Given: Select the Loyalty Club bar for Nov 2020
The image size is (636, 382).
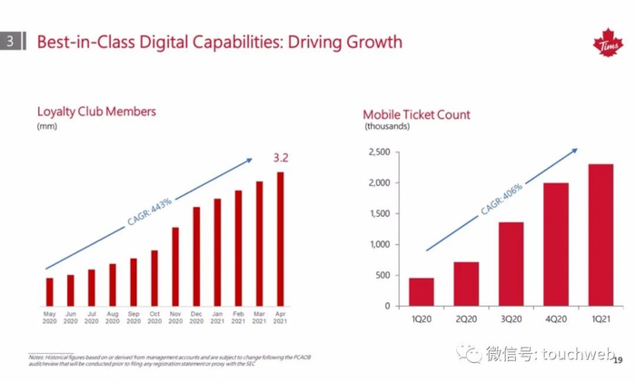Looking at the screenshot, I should [x=175, y=266].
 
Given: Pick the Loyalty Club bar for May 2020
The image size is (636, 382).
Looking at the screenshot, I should [x=49, y=291].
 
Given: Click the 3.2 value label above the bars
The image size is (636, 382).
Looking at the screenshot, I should [x=281, y=159].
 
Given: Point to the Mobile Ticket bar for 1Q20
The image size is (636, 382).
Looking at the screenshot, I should [x=421, y=291].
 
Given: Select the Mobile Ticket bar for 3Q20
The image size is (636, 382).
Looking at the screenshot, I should [x=511, y=263].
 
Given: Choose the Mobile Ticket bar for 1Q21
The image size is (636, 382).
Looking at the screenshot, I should [x=601, y=234].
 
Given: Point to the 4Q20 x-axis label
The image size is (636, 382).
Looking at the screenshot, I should [x=556, y=318].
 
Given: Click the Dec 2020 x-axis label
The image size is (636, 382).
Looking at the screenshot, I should [x=196, y=318].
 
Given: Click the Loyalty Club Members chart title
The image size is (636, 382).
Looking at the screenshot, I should [x=96, y=112].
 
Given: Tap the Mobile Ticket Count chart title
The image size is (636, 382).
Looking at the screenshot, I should [x=416, y=114].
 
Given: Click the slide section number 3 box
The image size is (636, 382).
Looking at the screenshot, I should [x=10, y=42].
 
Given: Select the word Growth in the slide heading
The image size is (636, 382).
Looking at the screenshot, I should [x=369, y=42].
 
